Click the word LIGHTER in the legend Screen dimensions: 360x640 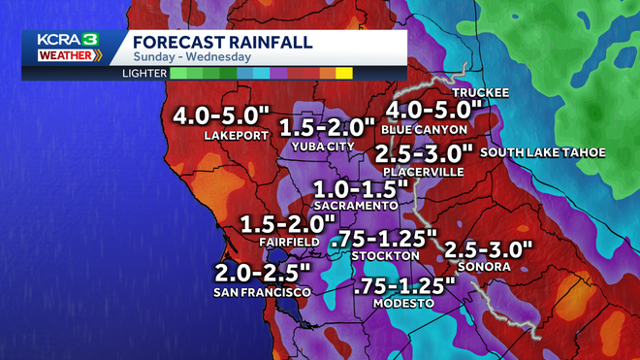(x=144, y=73)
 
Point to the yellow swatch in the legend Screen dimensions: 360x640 (x=344, y=73)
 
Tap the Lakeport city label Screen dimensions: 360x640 (x=235, y=136)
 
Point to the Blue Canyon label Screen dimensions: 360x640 (x=425, y=128)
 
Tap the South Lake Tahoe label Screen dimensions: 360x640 (x=543, y=152)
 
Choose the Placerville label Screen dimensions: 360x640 (x=423, y=172)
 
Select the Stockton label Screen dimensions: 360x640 (x=386, y=255)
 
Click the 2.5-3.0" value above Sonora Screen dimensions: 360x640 (x=489, y=249)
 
